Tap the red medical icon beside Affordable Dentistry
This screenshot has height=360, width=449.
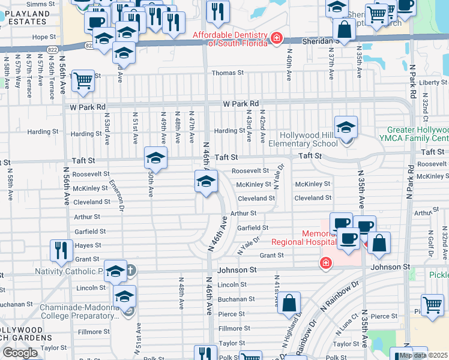coord(276,38)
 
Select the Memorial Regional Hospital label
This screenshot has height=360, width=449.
coord(303,238)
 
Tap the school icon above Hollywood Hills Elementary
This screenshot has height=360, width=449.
coord(346,128)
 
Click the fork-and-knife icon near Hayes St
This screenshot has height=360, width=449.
coord(61,250)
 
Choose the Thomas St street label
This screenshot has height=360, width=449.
coord(228,73)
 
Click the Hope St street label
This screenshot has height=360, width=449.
coord(44,37)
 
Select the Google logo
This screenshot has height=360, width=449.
coord(20,352)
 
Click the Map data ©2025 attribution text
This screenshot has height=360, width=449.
coord(423,355)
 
